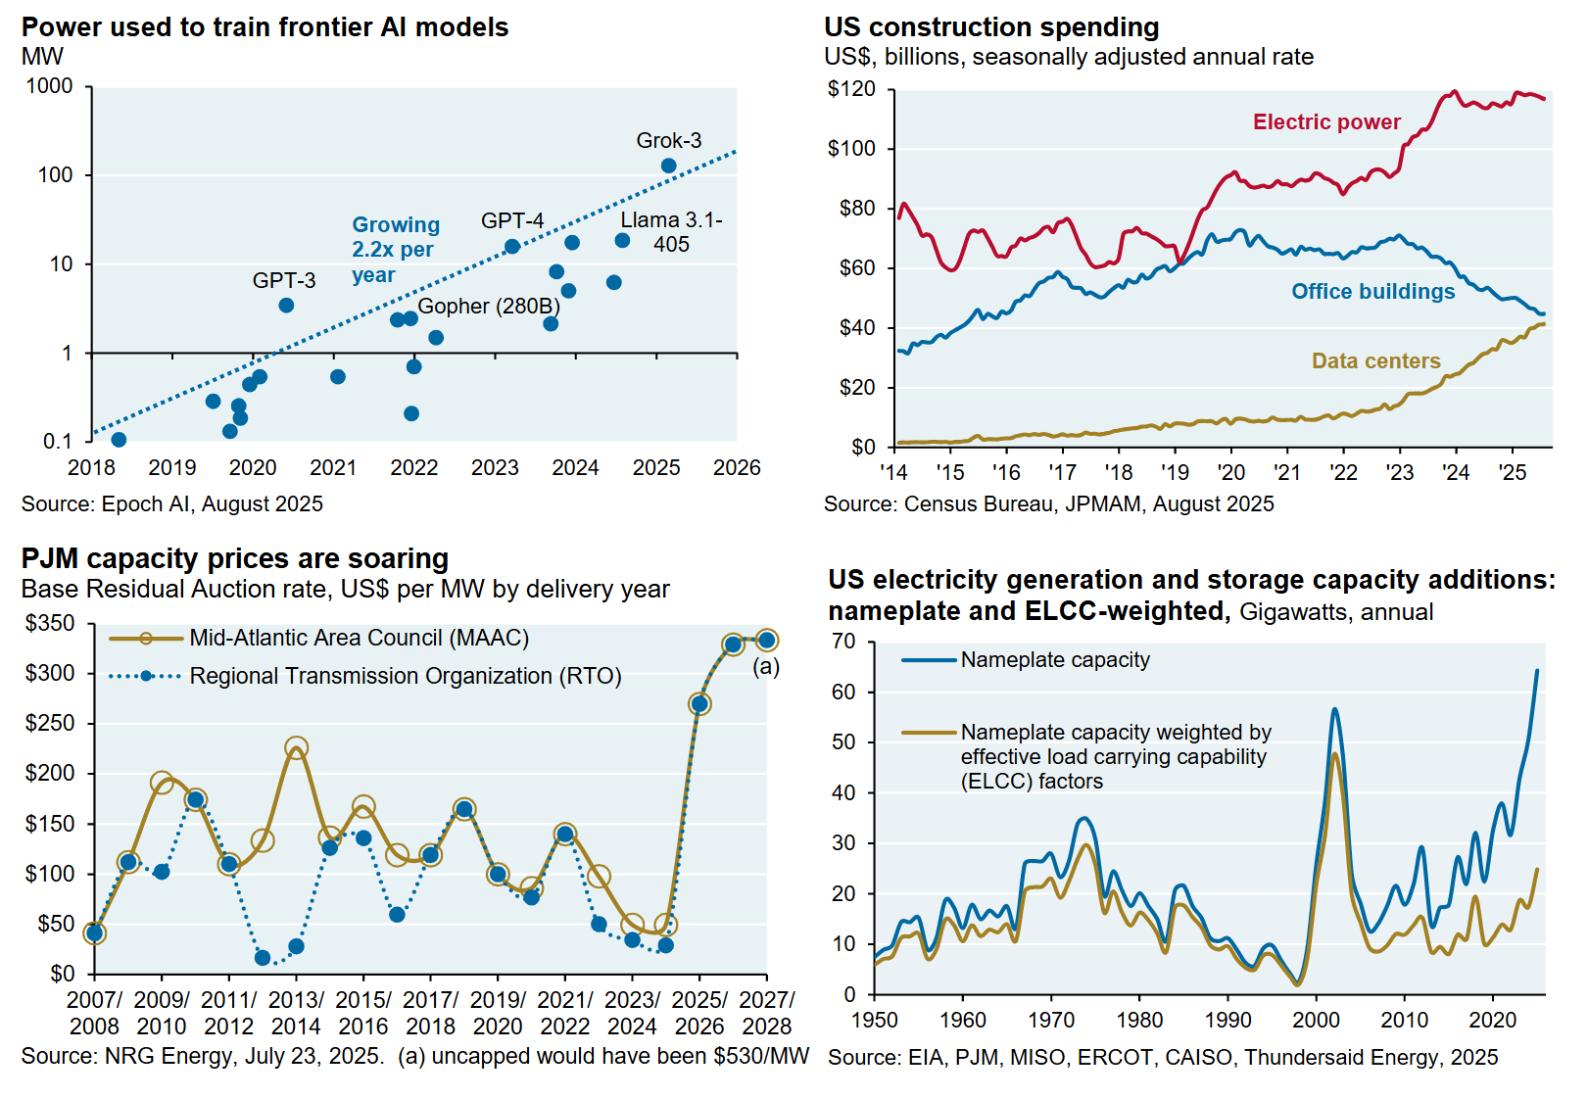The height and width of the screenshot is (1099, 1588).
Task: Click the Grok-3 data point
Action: (668, 166)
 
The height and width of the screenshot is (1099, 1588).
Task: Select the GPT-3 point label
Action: (284, 281)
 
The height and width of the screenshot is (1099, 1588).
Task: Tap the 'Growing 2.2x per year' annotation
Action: (395, 250)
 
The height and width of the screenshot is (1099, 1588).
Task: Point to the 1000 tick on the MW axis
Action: (49, 86)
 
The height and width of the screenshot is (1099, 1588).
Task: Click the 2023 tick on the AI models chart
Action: (495, 468)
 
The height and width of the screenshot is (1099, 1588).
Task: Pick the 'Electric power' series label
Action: (1326, 122)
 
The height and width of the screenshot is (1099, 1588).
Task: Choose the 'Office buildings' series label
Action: (1372, 292)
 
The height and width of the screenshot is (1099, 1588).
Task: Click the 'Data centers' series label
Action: (1375, 361)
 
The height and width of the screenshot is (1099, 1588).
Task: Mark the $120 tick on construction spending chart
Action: (851, 89)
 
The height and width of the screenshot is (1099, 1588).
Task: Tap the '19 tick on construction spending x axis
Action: (1175, 473)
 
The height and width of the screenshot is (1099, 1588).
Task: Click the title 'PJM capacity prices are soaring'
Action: (235, 558)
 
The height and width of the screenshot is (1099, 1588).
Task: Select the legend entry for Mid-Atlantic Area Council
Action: (359, 639)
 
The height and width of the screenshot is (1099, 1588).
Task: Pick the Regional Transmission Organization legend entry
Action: (405, 676)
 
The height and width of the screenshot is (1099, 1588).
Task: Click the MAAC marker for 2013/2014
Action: (296, 748)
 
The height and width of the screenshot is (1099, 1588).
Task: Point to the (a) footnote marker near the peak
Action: (765, 667)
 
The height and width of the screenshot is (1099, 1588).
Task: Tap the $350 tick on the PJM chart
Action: (50, 623)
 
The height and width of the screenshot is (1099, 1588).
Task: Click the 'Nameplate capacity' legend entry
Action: (1054, 660)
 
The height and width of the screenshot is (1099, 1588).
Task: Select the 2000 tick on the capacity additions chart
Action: (1316, 1021)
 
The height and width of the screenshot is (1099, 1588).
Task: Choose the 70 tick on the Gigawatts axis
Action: (843, 642)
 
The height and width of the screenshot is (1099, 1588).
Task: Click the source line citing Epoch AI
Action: (172, 504)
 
